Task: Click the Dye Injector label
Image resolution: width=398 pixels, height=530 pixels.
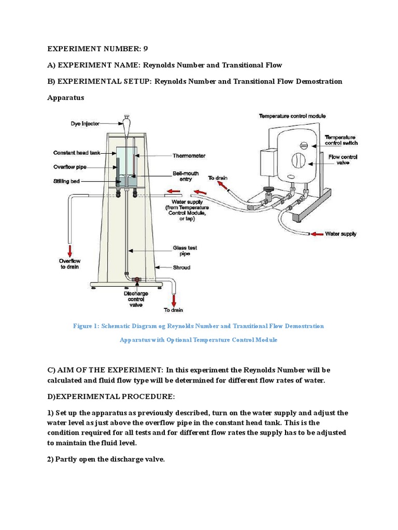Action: pyautogui.click(x=88, y=124)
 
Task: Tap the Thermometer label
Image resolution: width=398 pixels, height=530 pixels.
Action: pyautogui.click(x=189, y=155)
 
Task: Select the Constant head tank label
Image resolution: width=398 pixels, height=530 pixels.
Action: pyautogui.click(x=78, y=153)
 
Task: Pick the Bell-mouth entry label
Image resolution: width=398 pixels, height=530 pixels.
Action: pyautogui.click(x=185, y=176)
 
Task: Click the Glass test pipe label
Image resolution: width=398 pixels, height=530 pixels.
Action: pyautogui.click(x=184, y=251)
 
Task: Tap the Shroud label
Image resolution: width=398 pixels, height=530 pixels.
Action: pyautogui.click(x=181, y=268)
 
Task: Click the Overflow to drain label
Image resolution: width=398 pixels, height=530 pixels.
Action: pyautogui.click(x=69, y=264)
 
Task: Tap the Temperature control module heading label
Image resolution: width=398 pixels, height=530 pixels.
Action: pyautogui.click(x=292, y=116)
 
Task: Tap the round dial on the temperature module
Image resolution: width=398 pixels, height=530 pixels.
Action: pyautogui.click(x=298, y=160)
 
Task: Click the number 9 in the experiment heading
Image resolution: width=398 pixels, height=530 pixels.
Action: pyautogui.click(x=146, y=49)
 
